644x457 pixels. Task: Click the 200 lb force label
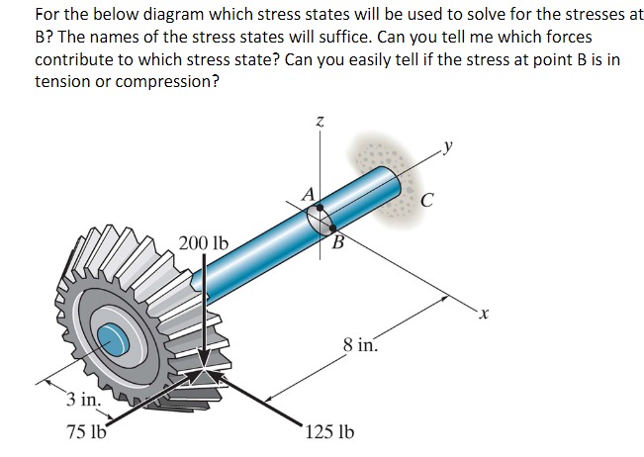click(x=204, y=242)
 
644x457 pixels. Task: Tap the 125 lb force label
click(x=330, y=432)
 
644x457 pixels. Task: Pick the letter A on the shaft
click(x=308, y=195)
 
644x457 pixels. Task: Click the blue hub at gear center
click(x=112, y=337)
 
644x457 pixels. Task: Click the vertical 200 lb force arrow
click(x=204, y=307)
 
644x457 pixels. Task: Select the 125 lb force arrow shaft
click(x=272, y=401)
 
